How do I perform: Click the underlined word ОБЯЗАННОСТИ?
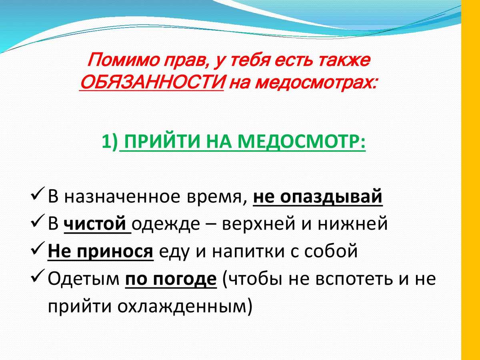pos(152,82)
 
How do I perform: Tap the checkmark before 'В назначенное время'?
pos(38,194)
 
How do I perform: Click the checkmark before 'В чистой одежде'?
pos(38,221)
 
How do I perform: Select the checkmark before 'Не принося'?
pos(38,248)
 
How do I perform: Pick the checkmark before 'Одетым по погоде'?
pos(38,276)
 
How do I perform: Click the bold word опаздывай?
pos(331,197)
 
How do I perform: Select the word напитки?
pos(248,251)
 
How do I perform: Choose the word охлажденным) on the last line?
pos(185,307)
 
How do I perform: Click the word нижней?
pos(352,224)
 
